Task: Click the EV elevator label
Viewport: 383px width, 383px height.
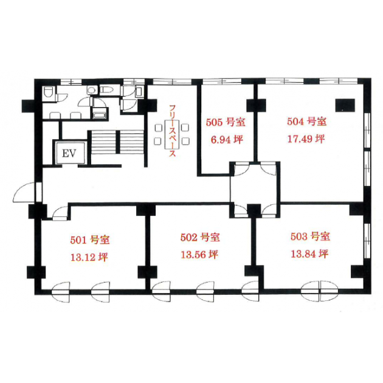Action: [x=69, y=153]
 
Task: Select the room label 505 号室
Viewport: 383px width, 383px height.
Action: [x=226, y=122]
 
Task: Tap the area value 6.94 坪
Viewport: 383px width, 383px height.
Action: [x=227, y=140]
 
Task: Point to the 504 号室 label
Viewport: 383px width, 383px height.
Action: [x=306, y=122]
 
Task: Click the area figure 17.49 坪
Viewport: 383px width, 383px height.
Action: [x=306, y=139]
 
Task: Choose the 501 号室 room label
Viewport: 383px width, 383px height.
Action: [x=90, y=240]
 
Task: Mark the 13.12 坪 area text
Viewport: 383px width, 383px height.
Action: [x=89, y=257]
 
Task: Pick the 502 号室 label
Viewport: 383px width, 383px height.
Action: [x=200, y=237]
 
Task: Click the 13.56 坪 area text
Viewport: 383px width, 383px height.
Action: [x=199, y=255]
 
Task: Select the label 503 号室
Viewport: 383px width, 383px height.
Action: [x=310, y=236]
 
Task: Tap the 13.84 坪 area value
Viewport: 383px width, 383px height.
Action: [x=309, y=254]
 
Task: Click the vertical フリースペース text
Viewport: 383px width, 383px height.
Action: [x=173, y=131]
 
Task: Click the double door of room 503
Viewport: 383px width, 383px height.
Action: [x=320, y=291]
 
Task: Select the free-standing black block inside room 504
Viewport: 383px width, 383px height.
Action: [x=345, y=105]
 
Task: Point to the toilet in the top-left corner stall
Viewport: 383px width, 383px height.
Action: [x=48, y=92]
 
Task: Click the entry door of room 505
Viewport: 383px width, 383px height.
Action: [x=241, y=168]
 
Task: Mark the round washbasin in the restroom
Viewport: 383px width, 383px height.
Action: [x=92, y=91]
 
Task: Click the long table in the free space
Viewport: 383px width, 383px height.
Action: [x=173, y=134]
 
